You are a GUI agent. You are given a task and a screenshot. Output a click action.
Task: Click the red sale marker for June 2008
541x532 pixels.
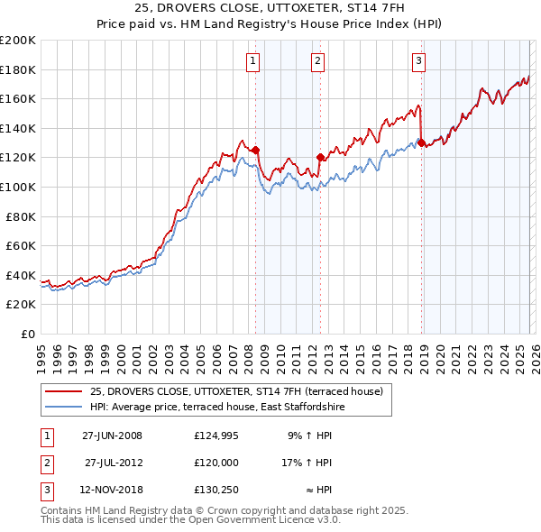255,151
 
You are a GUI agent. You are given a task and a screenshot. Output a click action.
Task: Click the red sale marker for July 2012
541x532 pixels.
320,158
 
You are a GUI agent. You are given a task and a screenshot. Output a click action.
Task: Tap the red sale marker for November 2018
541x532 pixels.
421,142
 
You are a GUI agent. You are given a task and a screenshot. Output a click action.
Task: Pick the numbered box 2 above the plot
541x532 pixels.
318,61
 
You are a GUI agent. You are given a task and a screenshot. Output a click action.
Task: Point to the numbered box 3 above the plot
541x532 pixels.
419,61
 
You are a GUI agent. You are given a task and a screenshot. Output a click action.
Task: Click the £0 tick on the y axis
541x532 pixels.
29,334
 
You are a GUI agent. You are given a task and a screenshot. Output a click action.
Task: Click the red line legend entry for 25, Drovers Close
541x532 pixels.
236,391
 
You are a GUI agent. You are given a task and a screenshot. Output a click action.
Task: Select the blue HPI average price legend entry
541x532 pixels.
216,408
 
